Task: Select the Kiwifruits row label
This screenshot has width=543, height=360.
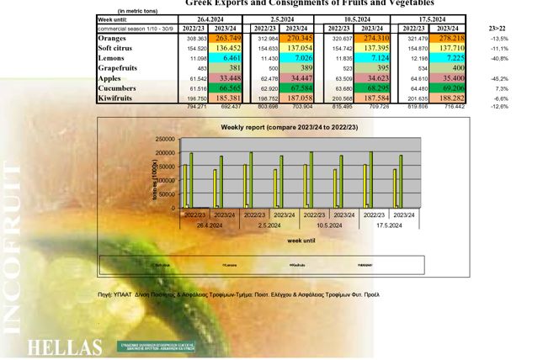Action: pos(119,98)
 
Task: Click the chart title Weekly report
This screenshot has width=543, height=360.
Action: pos(270,126)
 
